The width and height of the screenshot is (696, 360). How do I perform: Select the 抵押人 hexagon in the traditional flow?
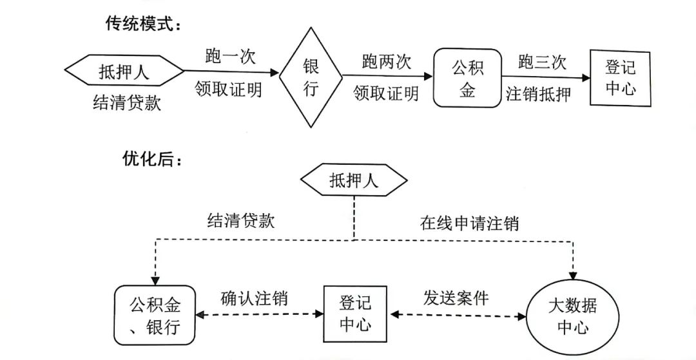click(124, 71)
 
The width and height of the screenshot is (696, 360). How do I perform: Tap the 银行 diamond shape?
click(311, 77)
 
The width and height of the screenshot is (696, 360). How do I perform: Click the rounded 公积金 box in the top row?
click(467, 78)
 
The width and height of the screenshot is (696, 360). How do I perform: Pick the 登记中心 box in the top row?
click(621, 77)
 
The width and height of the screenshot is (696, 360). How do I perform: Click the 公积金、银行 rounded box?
click(154, 316)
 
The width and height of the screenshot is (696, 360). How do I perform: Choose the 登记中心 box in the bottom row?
click(354, 314)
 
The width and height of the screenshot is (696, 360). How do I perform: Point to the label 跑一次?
click(230, 56)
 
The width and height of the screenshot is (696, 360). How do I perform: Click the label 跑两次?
click(386, 62)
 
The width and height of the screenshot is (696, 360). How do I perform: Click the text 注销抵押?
click(539, 95)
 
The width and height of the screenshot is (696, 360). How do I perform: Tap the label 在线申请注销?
click(470, 223)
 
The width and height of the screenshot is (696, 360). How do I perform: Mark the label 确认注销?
click(254, 299)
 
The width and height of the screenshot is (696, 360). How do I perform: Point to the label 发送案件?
click(456, 298)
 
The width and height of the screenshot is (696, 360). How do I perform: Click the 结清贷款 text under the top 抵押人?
click(127, 103)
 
